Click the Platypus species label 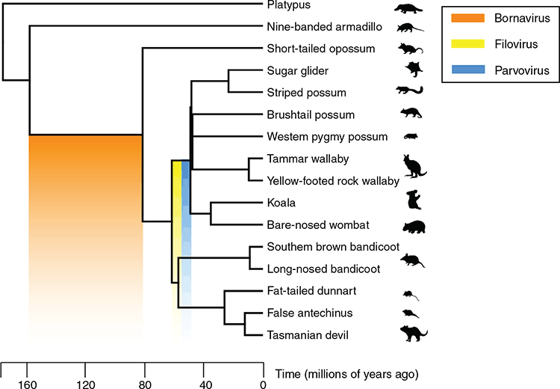click(288, 5)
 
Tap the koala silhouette click(414, 200)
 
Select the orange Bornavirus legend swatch click(468, 18)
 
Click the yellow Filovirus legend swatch click(468, 43)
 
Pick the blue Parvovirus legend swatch click(468, 70)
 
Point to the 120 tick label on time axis click(86, 385)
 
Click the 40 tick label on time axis click(205, 385)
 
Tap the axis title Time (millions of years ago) click(346, 374)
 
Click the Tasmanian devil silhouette click(414, 333)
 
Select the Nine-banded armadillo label click(324, 27)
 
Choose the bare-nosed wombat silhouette click(414, 227)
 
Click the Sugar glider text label click(297, 71)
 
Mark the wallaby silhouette click(414, 166)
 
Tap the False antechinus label click(310, 313)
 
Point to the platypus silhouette click(408, 8)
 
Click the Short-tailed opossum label click(321, 49)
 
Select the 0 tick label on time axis click(264, 385)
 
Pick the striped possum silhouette click(410, 91)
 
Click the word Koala click(281, 203)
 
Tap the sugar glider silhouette click(414, 69)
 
